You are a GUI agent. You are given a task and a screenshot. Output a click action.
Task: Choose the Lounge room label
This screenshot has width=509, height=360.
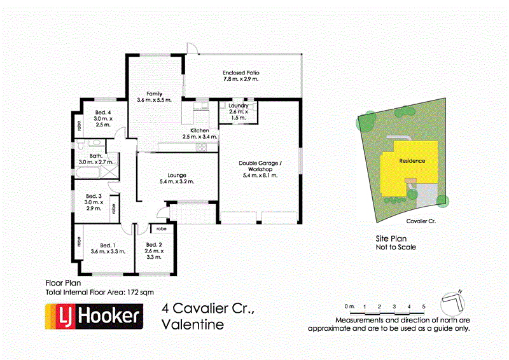[x=176, y=177]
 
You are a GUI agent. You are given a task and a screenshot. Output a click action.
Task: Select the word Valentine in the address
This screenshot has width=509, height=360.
[x=193, y=324]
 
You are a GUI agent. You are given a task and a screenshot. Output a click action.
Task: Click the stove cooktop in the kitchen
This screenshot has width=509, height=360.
[x=201, y=148]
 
